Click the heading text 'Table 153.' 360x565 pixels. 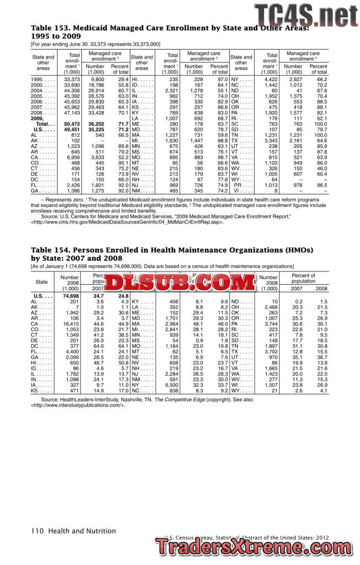coord(49,28)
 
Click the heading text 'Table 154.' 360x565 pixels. coord(49,250)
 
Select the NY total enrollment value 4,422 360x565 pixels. coord(270,80)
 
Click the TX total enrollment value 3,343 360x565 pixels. coord(270,141)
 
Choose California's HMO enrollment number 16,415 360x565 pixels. coord(70,323)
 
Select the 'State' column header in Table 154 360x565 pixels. coord(42,281)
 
